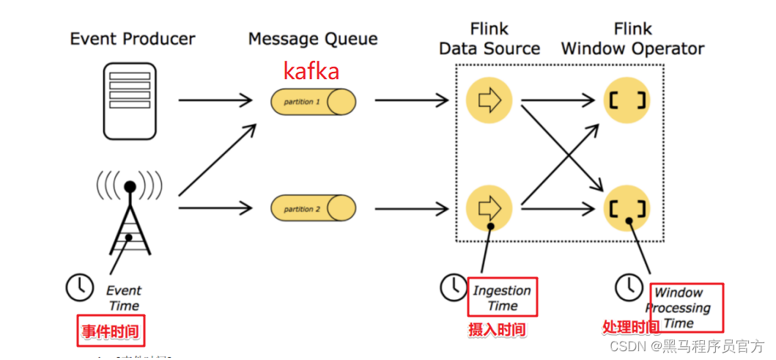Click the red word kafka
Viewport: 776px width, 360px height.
coord(311,72)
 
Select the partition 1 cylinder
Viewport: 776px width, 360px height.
coord(313,101)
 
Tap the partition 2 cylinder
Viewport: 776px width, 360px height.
coord(313,209)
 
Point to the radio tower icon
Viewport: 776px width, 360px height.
coord(130,213)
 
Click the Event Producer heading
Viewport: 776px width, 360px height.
coord(133,39)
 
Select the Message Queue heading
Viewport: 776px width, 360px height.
coord(313,39)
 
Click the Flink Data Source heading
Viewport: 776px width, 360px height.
coord(489,40)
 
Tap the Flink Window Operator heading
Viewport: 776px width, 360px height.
coord(632,40)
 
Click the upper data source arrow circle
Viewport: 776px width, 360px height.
coord(489,101)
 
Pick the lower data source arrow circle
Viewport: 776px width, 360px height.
coord(489,208)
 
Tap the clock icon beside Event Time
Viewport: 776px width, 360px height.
coord(79,287)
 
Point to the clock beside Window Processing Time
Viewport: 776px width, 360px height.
coord(629,287)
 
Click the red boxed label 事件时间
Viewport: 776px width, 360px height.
coord(110,332)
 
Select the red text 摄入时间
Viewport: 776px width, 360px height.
coord(497,330)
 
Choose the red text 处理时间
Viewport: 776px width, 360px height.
coord(630,327)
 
